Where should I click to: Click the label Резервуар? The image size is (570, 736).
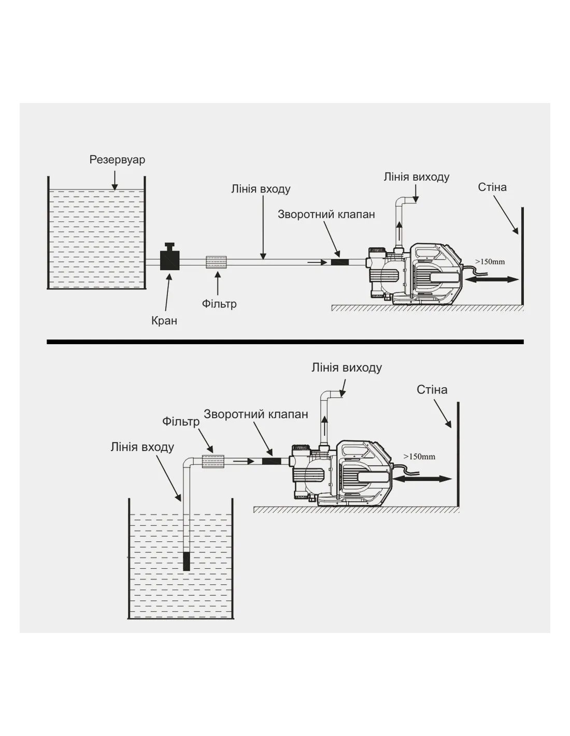click(117, 159)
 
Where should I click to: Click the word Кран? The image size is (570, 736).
click(164, 321)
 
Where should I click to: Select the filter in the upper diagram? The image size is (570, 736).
click(217, 262)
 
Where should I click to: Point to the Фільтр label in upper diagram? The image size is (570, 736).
click(219, 304)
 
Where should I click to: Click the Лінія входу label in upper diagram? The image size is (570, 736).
click(261, 189)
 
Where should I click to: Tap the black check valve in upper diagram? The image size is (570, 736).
click(340, 262)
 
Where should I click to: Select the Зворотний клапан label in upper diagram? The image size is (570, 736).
click(326, 214)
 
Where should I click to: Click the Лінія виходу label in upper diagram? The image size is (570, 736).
click(416, 177)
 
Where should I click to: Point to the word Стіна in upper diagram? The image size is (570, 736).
click(492, 187)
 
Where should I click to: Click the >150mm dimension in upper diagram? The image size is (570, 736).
click(490, 262)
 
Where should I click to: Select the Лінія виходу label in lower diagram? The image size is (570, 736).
click(346, 368)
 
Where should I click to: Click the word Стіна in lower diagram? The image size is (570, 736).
click(432, 390)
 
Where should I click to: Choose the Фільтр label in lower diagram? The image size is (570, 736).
click(180, 422)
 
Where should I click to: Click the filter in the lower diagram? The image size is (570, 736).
click(212, 461)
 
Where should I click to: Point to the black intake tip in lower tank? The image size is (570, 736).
click(187, 561)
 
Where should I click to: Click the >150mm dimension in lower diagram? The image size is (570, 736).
click(419, 457)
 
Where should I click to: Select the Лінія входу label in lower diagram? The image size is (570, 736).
click(142, 447)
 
